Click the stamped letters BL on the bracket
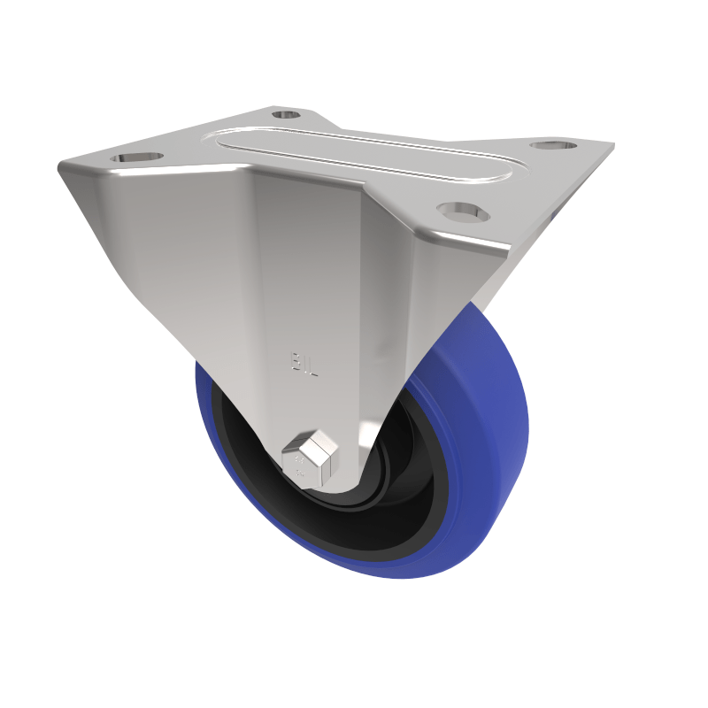tap(304, 361)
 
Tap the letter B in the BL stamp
tap(297, 361)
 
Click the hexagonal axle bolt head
tap(310, 457)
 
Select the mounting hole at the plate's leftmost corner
tap(138, 158)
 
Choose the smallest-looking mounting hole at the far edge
tap(285, 114)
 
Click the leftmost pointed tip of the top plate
tap(60, 165)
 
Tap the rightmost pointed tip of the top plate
tap(612, 144)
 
